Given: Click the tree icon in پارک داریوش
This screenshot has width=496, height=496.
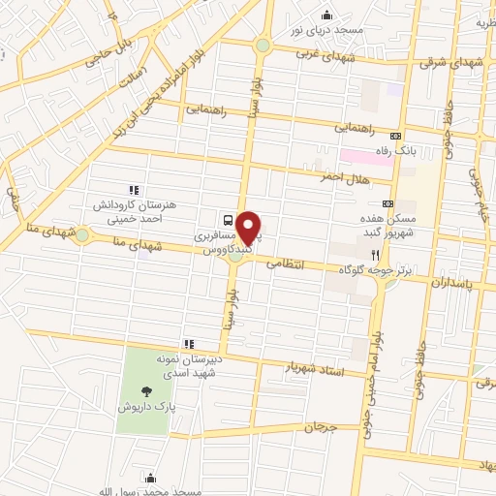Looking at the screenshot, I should (x=146, y=390).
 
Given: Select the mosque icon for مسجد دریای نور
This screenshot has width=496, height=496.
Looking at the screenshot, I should (x=326, y=15).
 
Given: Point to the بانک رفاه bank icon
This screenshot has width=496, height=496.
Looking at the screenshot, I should (x=395, y=136).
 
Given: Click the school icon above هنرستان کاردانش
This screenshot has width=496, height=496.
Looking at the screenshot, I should (x=134, y=190).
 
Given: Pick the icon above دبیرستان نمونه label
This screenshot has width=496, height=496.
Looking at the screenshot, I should (x=189, y=343).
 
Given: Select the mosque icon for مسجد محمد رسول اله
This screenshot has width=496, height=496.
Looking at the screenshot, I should (x=150, y=477).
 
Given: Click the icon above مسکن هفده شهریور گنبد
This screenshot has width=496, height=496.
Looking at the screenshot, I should (x=387, y=203).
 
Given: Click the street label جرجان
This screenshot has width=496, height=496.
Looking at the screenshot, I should (x=320, y=426).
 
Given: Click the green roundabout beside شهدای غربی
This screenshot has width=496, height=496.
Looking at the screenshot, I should (x=263, y=46).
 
